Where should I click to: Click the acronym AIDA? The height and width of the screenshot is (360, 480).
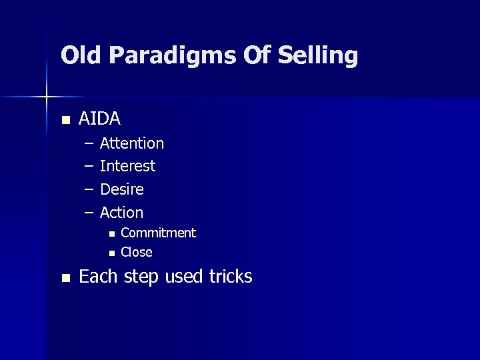point(99,119)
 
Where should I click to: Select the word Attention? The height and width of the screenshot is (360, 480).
point(131,143)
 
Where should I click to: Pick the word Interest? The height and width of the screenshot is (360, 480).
point(127,166)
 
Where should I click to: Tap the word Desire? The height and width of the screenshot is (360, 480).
point(121,189)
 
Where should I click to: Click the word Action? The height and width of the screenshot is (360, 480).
point(121,213)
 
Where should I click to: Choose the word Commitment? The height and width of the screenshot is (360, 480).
point(158,233)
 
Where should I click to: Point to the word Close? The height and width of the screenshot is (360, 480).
point(136,253)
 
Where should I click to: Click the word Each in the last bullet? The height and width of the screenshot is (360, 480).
point(97,277)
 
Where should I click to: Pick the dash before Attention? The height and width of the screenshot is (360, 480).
point(89,143)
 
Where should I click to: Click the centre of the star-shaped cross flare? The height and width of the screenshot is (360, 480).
point(47,97)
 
